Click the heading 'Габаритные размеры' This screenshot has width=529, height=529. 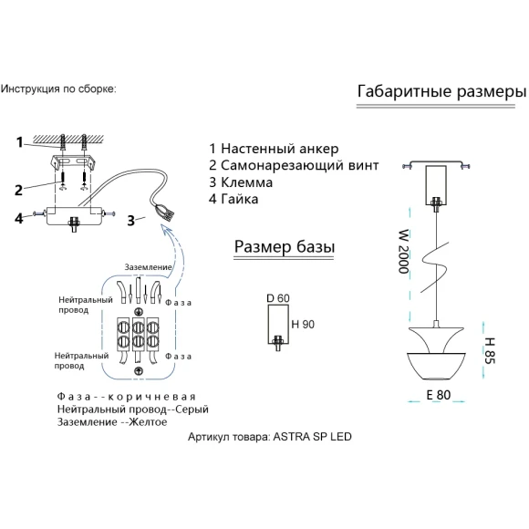[x=441, y=92]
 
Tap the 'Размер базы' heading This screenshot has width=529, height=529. [x=285, y=247]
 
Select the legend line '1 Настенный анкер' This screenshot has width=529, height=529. [x=274, y=149]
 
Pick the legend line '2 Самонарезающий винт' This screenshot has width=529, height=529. [x=294, y=165]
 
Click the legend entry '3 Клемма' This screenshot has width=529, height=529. [x=241, y=182]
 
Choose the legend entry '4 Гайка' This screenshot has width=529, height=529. [x=233, y=199]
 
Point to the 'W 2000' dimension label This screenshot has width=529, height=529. [x=403, y=252]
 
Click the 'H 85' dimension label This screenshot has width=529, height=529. [x=489, y=350]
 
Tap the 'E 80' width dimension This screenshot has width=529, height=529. [x=438, y=395]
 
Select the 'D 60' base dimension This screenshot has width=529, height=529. [x=278, y=298]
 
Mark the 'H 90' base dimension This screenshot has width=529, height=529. [x=303, y=324]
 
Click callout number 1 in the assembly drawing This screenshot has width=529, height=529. [x=19, y=142]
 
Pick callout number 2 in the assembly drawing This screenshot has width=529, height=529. [x=18, y=191]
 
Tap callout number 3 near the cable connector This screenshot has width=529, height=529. [x=131, y=221]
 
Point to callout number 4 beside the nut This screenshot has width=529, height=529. [x=18, y=218]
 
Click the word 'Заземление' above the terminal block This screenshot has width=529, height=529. [x=148, y=267]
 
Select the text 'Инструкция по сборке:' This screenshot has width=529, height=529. [x=58, y=89]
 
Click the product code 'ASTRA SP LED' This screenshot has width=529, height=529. [x=312, y=437]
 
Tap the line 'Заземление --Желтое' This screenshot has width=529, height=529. [x=112, y=422]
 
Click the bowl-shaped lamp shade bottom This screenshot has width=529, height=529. [x=437, y=366]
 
